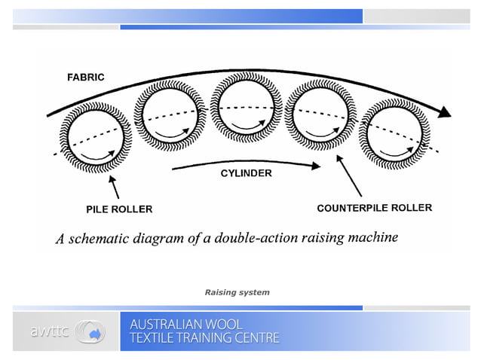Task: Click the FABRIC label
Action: tap(86, 77)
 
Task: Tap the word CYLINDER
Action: tap(246, 173)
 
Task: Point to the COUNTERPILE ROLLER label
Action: tap(374, 208)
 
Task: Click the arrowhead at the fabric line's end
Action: tap(446, 112)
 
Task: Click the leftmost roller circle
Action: tap(96, 137)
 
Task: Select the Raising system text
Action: tap(237, 292)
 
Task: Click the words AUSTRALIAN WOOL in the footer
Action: tap(186, 324)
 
